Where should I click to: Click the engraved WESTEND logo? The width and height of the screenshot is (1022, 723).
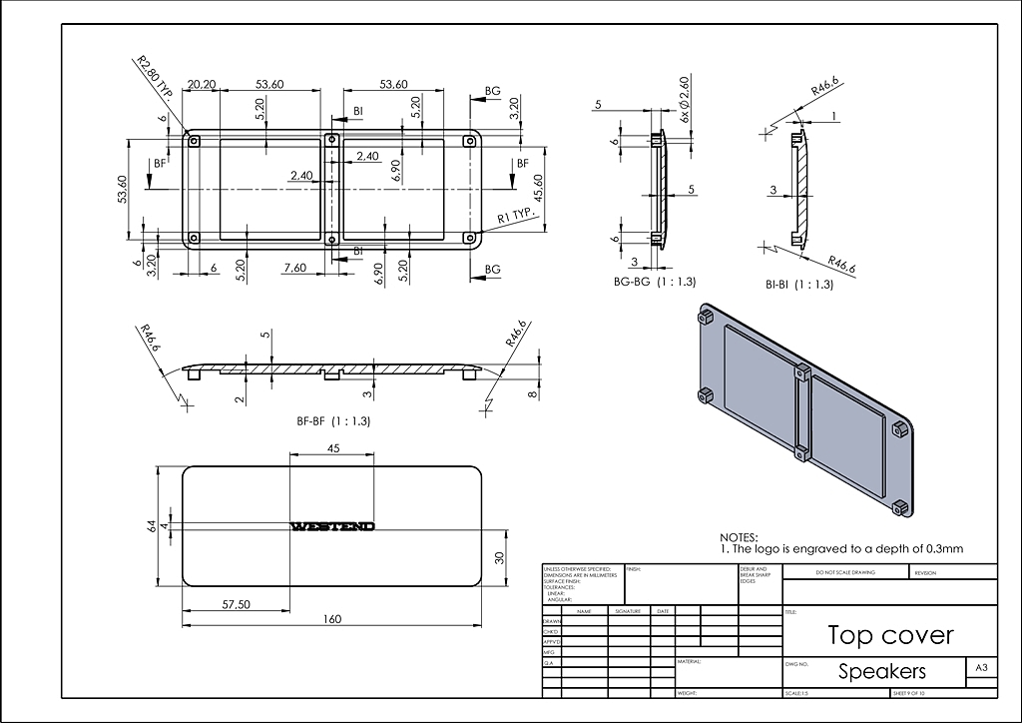pyautogui.click(x=331, y=526)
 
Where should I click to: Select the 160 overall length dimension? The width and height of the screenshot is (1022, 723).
pyautogui.click(x=333, y=619)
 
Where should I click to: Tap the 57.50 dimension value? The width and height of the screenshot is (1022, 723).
pyautogui.click(x=236, y=604)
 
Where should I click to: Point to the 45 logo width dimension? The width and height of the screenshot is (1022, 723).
pyautogui.click(x=333, y=448)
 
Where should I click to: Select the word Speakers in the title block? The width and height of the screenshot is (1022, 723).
pyautogui.click(x=881, y=671)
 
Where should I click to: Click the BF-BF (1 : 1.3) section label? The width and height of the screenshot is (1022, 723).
pyautogui.click(x=333, y=421)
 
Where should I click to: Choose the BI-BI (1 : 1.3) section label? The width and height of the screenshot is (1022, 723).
pyautogui.click(x=798, y=285)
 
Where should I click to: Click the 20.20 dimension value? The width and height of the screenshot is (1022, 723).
pyautogui.click(x=202, y=85)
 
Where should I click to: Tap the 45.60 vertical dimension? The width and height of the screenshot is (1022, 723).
pyautogui.click(x=540, y=188)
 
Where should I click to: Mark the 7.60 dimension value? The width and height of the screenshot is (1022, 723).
pyautogui.click(x=294, y=268)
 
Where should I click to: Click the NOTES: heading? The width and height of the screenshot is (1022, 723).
pyautogui.click(x=739, y=537)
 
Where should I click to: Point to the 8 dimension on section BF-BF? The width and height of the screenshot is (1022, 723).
pyautogui.click(x=534, y=393)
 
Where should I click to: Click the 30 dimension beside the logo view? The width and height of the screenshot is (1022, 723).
pyautogui.click(x=500, y=557)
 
